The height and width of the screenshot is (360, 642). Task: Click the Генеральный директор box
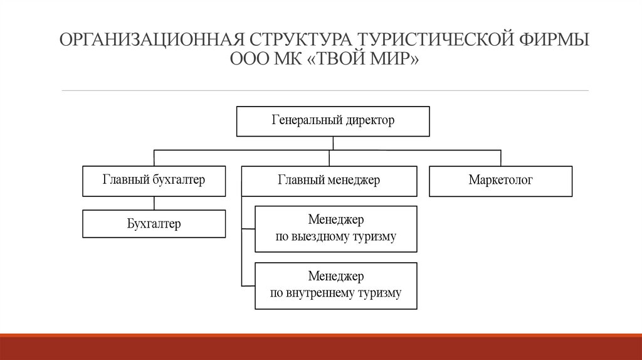tap(333, 121)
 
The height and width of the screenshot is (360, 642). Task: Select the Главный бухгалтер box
tap(154, 181)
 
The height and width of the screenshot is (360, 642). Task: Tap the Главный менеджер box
tap(329, 181)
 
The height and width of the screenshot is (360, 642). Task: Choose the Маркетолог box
tap(500, 181)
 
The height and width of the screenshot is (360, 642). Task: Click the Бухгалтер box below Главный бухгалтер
tap(154, 224)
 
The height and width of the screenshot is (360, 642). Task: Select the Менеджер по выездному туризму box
tap(335, 229)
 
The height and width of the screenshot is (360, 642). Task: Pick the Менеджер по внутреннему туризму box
tap(335, 285)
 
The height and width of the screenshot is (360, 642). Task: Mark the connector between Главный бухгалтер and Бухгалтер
tap(154, 203)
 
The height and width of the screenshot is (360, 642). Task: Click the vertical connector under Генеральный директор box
tap(333, 143)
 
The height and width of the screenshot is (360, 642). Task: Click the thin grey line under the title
tap(325, 90)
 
